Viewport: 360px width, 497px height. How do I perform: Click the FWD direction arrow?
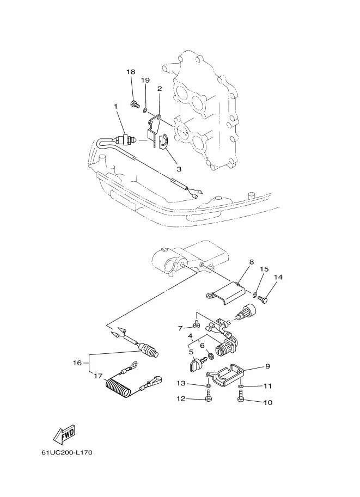point(63,434)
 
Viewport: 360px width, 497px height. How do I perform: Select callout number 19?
point(145,80)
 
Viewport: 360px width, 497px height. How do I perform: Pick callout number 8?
point(251,262)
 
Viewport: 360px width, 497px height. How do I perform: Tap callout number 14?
point(278,278)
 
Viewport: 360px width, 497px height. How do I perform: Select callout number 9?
point(267,366)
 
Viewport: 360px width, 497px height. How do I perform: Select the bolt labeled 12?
point(209,399)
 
